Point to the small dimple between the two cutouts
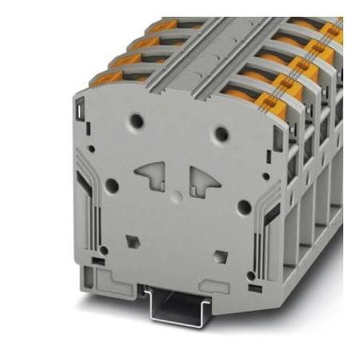177,197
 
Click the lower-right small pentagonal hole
220,257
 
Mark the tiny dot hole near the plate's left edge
91,148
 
